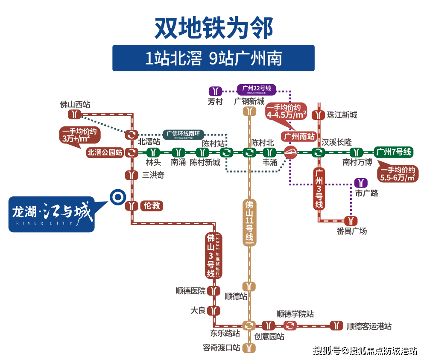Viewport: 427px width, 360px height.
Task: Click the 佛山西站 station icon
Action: (75, 114)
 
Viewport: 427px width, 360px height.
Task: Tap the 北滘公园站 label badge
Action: (105, 152)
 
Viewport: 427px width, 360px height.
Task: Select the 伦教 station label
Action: (152, 206)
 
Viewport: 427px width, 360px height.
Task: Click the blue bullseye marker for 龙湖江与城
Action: (117, 197)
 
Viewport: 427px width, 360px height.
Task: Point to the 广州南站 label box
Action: (299, 137)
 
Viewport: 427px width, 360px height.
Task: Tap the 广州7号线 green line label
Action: (394, 152)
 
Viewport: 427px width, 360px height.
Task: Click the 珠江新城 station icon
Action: (318, 115)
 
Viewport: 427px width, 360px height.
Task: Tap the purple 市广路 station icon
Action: (361, 183)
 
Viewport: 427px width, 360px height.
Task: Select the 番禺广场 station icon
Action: (351, 221)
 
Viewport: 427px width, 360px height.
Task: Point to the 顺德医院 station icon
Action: (214, 291)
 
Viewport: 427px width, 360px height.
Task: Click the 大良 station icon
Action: (214, 310)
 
